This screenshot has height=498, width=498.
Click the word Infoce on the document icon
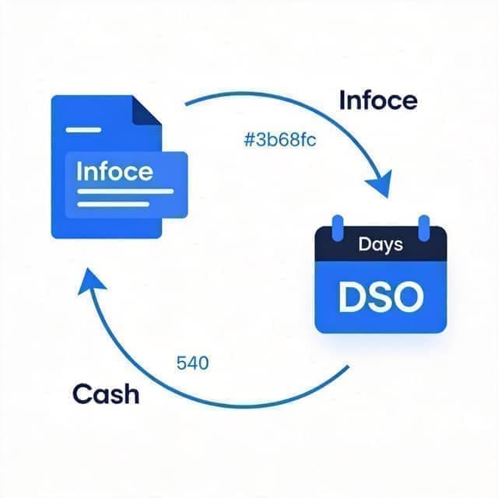tap(114, 171)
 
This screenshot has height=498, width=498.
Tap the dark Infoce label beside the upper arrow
tap(378, 100)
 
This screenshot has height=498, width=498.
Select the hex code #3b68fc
tap(280, 140)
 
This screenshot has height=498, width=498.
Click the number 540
tap(192, 363)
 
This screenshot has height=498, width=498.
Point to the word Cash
tap(106, 394)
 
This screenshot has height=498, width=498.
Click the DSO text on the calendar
tap(381, 296)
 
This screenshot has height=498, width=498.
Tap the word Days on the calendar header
tap(381, 244)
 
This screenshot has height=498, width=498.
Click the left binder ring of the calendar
tap(338, 228)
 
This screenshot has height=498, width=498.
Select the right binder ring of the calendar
tap(424, 228)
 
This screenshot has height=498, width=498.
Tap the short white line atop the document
tap(83, 130)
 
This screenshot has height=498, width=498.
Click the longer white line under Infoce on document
tap(125, 191)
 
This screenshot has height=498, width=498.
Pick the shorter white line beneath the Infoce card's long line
tap(113, 204)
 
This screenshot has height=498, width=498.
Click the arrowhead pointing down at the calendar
tap(381, 184)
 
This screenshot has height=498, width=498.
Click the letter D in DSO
tap(352, 296)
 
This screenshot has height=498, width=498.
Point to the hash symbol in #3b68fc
tap(249, 140)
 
